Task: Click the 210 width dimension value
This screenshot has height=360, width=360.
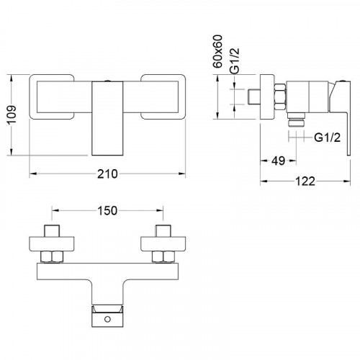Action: pos(107,174)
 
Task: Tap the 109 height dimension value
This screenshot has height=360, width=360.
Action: pos(12,114)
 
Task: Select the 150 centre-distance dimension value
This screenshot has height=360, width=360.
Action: pos(107,211)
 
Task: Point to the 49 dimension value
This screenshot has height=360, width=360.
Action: pos(279,161)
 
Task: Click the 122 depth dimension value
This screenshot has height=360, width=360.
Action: pos(305,181)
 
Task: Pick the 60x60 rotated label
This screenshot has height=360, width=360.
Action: pos(218,51)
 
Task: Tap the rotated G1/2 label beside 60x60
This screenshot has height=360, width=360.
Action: pos(235,60)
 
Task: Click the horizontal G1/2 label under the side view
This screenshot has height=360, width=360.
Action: pos(328,138)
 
